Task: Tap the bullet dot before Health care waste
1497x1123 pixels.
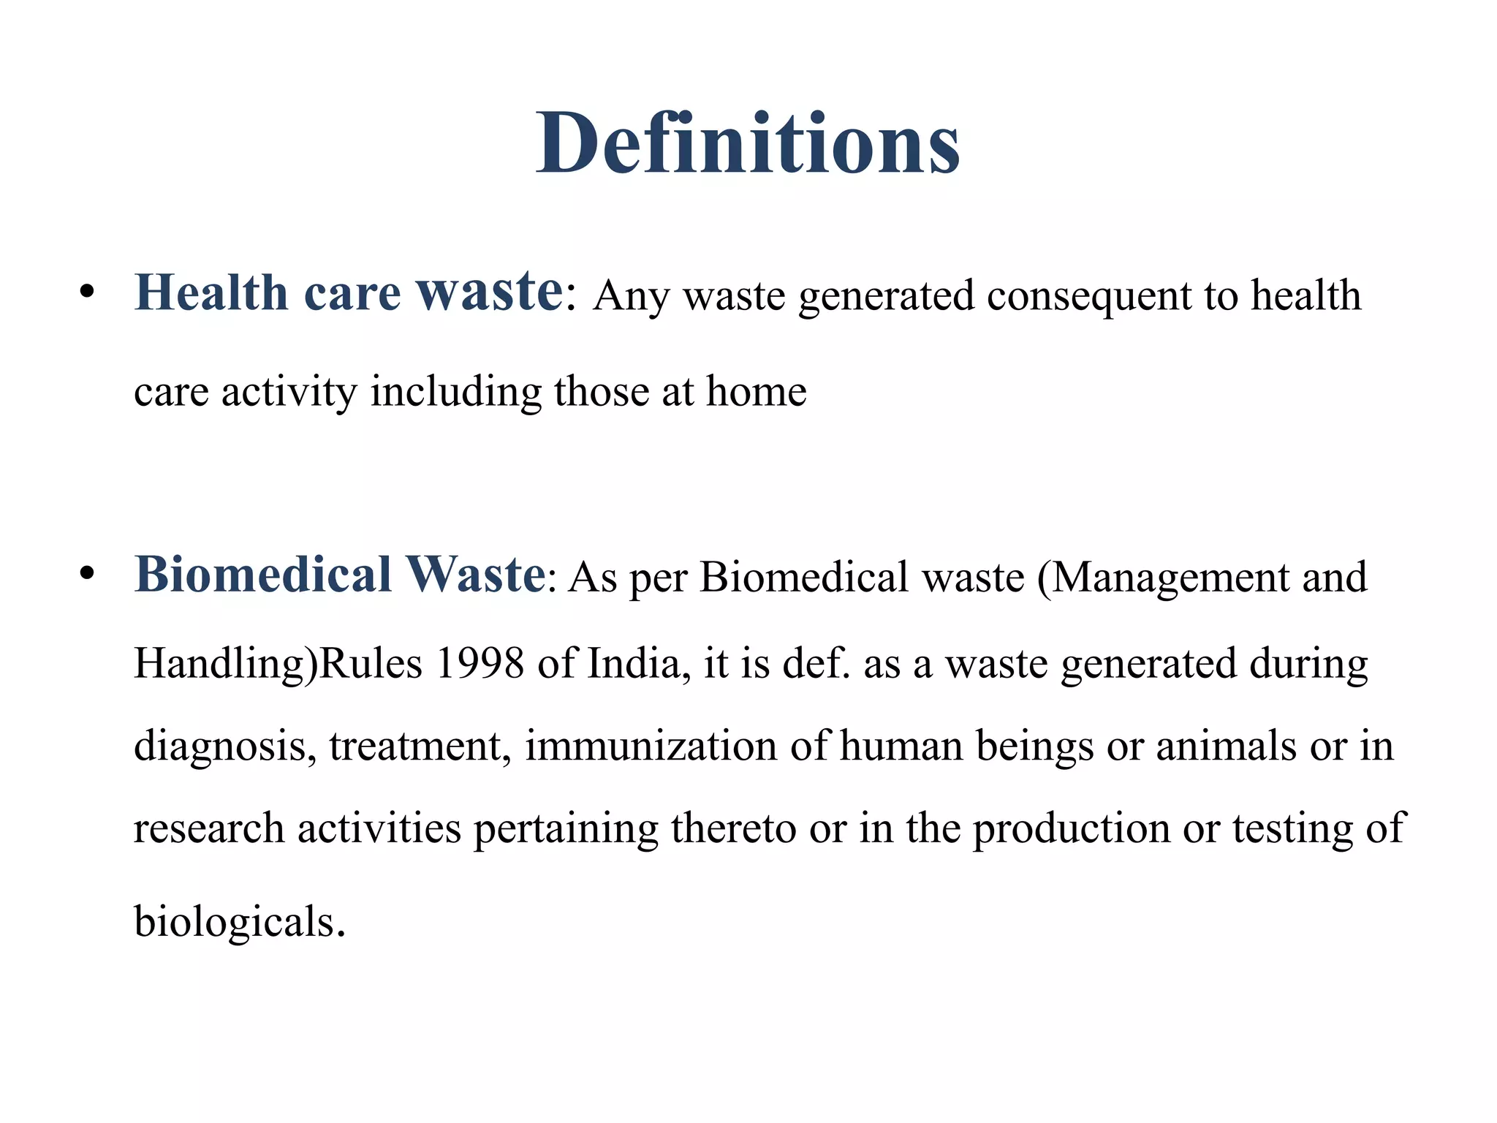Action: (x=88, y=292)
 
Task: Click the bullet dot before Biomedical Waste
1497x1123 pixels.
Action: (x=88, y=574)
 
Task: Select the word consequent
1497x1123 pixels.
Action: (x=1089, y=296)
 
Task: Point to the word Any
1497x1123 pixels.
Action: (x=631, y=298)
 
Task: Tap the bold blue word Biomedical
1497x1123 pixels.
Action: (x=263, y=575)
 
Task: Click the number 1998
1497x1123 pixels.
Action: (x=480, y=664)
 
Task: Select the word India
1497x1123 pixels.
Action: (x=639, y=664)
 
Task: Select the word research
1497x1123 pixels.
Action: (x=209, y=828)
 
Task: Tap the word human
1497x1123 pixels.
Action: (x=901, y=746)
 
